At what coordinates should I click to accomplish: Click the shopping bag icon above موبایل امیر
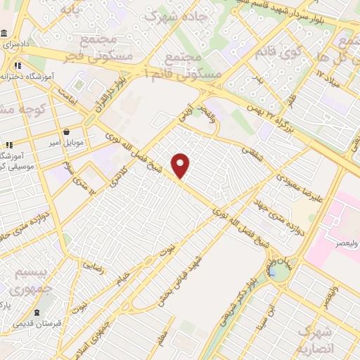tap(67, 131)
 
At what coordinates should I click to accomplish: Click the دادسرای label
tap(15, 44)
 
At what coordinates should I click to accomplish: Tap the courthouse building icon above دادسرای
tap(4, 34)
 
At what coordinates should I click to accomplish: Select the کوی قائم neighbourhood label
tap(269, 53)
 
